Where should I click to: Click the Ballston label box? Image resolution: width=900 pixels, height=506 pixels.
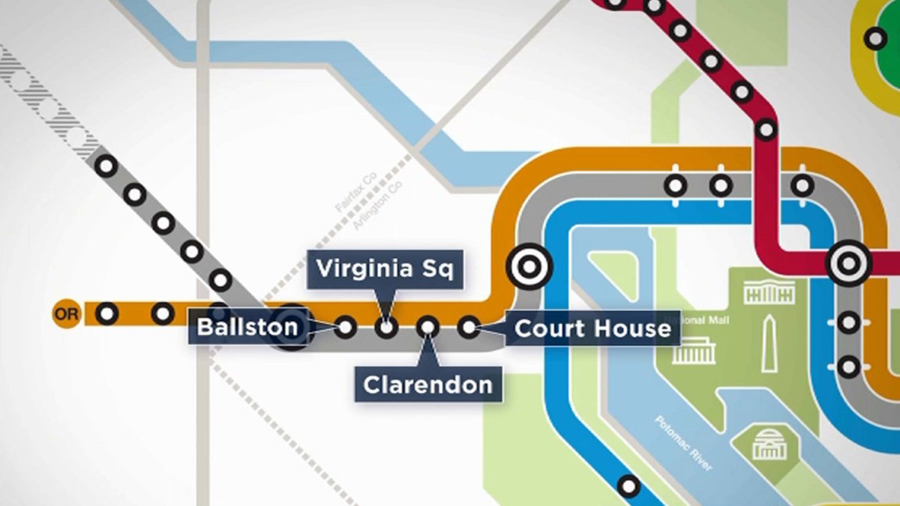click(247, 327)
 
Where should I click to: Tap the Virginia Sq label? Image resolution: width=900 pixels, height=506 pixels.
click(385, 269)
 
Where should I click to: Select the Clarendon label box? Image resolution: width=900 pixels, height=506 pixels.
click(428, 385)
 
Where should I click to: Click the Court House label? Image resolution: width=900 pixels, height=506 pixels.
click(592, 328)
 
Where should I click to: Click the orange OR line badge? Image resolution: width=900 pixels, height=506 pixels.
click(66, 314)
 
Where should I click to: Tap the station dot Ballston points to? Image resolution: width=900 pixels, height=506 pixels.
click(345, 327)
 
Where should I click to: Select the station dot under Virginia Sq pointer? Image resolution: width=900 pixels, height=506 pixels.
click(386, 327)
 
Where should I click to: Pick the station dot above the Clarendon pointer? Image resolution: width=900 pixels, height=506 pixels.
click(427, 327)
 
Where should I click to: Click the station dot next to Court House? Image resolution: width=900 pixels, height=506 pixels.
click(469, 327)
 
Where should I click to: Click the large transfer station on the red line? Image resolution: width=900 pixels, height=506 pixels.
click(848, 264)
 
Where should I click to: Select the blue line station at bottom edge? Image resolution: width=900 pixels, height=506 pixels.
click(629, 486)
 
